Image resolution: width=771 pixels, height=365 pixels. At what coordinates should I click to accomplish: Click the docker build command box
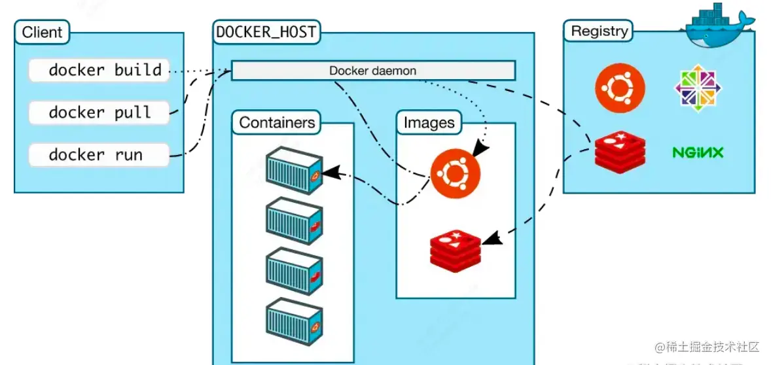point(99,70)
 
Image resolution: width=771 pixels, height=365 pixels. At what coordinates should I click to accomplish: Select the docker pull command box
point(99,113)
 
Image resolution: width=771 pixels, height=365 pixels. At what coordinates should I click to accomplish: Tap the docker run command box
point(99,155)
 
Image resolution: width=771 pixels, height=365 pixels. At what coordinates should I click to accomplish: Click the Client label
point(42,32)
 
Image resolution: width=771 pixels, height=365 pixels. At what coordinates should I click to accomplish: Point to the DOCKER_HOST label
point(266,31)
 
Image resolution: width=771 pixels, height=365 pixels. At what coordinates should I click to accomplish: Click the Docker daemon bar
point(373,71)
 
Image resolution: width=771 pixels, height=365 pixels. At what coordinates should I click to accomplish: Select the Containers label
point(277,122)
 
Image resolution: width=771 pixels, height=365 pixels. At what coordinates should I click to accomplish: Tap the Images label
point(429,123)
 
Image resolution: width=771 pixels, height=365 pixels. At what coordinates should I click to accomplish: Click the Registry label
point(600,31)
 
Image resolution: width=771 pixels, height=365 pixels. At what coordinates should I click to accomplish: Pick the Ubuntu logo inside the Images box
point(455,172)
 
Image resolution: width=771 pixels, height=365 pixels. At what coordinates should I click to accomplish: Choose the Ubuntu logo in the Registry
point(620,88)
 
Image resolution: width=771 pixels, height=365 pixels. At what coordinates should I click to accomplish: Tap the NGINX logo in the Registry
point(698,153)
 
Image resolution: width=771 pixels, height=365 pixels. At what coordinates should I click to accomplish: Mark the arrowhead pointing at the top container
point(332,173)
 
